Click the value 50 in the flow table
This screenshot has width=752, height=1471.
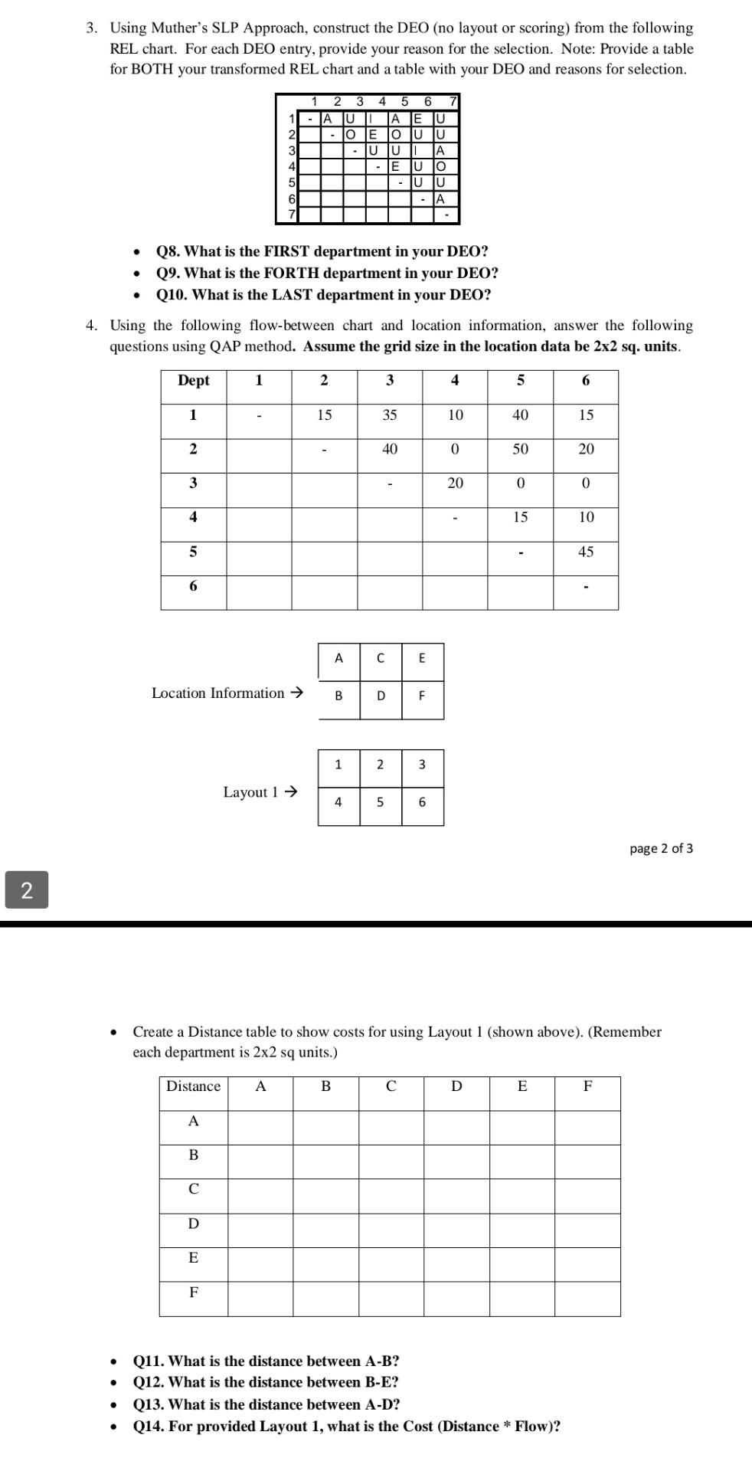click(520, 449)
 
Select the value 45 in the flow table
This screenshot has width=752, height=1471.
click(585, 552)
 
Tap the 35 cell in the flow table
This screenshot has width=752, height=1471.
click(389, 414)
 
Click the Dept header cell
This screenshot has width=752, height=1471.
click(193, 380)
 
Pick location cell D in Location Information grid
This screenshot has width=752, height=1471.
click(381, 696)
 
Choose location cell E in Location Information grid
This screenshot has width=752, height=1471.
click(422, 658)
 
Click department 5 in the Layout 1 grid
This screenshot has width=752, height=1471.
click(380, 802)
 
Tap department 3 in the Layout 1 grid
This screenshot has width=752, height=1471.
click(422, 765)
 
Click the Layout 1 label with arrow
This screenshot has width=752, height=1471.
click(260, 792)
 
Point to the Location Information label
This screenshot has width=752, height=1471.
click(227, 693)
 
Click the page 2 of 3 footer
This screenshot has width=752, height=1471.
click(661, 848)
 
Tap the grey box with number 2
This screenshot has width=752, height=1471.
click(27, 889)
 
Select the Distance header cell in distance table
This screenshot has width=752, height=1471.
click(193, 1086)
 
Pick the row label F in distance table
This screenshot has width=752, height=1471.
click(193, 1292)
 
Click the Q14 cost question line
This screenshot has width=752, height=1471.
click(346, 1427)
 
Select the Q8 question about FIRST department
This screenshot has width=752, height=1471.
click(322, 251)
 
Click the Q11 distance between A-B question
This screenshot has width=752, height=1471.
click(266, 1361)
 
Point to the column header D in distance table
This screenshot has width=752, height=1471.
click(456, 1086)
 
